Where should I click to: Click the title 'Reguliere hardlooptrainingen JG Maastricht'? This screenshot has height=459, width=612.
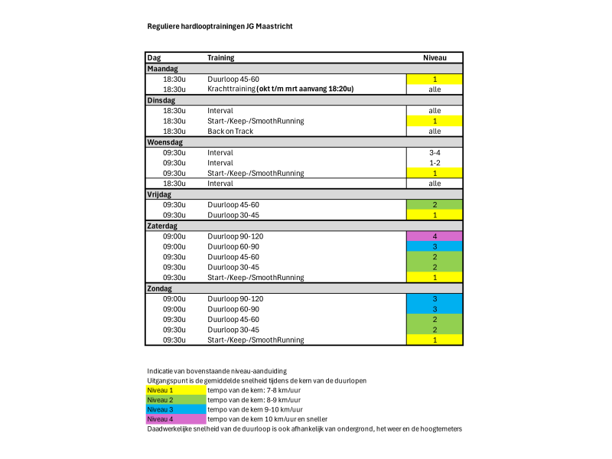coord(220,26)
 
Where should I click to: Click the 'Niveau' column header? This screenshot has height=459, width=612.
coord(434,57)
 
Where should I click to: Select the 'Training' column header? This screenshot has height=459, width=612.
coord(221,57)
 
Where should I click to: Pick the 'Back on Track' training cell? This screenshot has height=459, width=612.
coord(230,132)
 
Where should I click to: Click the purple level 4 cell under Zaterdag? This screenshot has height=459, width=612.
coord(434,236)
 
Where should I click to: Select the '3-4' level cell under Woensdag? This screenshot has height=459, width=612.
coord(434,152)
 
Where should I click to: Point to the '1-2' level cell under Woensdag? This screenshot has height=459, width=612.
coord(434,163)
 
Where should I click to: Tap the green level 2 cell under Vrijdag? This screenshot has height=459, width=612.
coord(434,205)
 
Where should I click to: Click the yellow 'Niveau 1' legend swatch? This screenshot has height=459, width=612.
coord(175,389)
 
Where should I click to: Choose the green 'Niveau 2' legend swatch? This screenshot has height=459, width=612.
coord(175,399)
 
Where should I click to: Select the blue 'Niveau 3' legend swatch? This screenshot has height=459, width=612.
coord(175,409)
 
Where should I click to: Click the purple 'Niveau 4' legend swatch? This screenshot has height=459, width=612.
coord(175,419)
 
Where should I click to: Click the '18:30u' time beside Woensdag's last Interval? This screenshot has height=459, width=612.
coord(174,184)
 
